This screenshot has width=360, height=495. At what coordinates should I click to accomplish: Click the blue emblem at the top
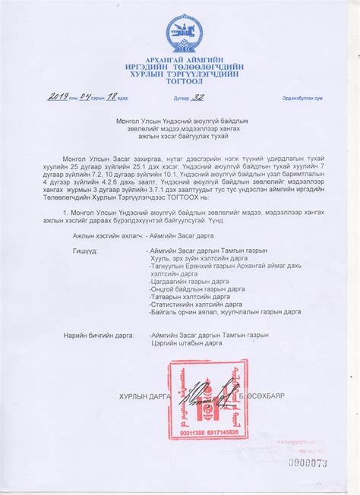(185, 33)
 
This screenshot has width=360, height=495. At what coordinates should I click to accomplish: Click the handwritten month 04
(85, 96)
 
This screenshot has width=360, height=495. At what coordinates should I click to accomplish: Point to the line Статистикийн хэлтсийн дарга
(196, 304)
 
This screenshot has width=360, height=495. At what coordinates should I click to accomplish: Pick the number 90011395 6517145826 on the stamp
(207, 432)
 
